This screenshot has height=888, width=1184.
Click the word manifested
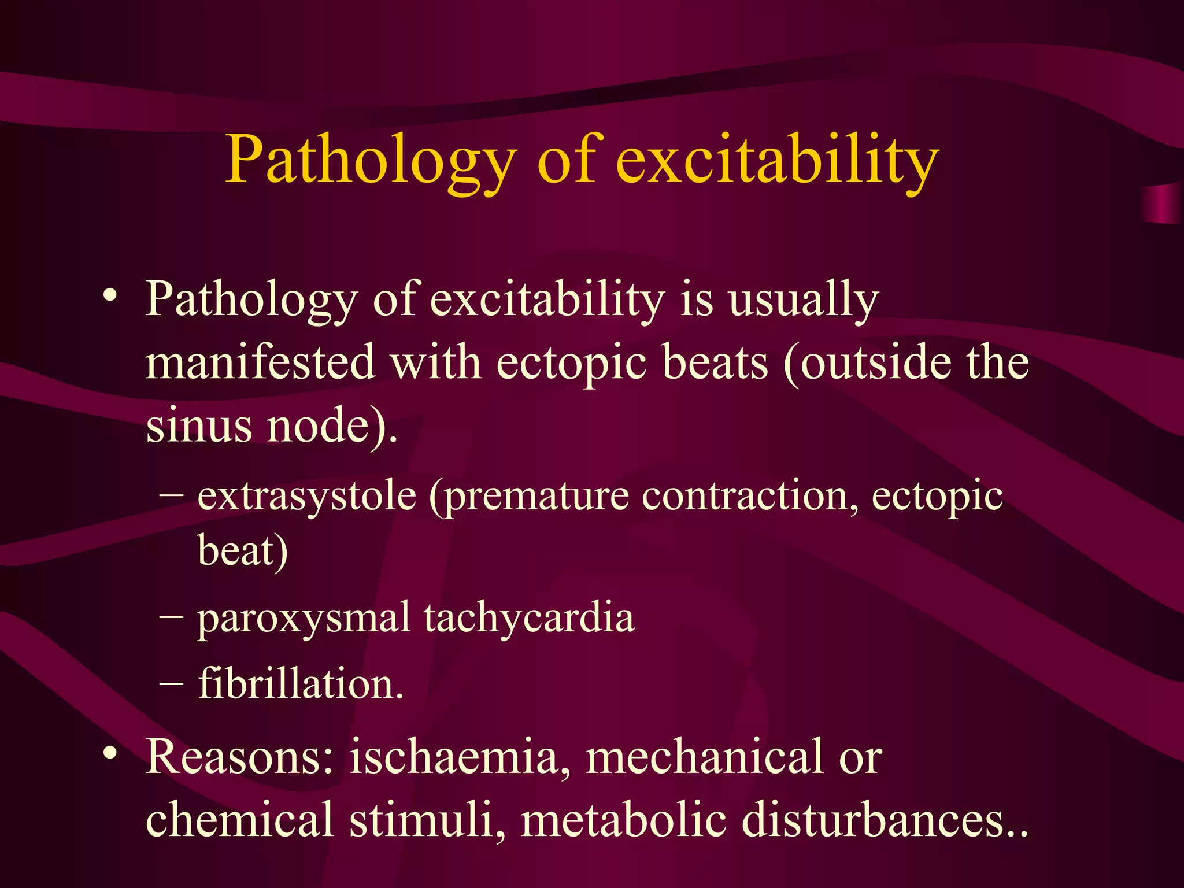[260, 362]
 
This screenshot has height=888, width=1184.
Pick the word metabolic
[623, 820]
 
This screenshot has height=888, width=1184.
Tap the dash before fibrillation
[171, 683]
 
